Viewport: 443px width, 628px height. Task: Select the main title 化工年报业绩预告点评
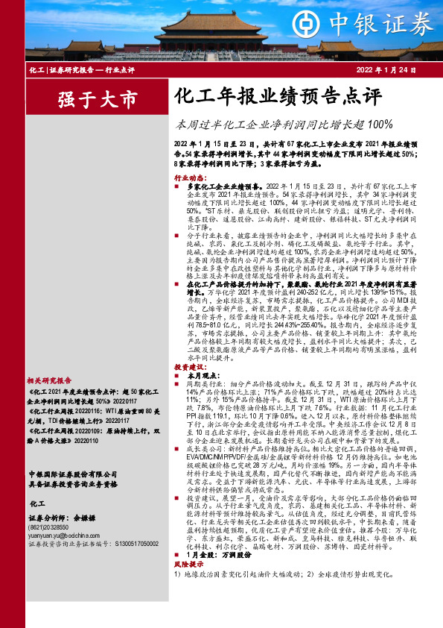[267, 96]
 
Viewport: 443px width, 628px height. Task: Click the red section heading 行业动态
[189, 178]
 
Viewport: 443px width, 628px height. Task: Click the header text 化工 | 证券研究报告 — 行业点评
[81, 69]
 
